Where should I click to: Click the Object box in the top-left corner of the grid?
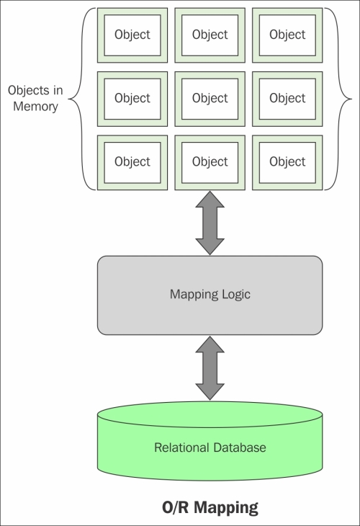[132, 35]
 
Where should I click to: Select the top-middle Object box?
[210, 35]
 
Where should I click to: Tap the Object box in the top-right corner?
[287, 35]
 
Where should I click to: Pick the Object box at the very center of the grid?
[210, 99]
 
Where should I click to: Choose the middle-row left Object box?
[132, 99]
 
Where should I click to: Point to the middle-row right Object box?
[287, 99]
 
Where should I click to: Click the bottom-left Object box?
[132, 163]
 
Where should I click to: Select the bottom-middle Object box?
[210, 163]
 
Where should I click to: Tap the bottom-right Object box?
[287, 163]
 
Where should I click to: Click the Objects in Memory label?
[35, 98]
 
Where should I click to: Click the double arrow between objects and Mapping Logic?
[210, 223]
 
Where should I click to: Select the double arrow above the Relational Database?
[210, 368]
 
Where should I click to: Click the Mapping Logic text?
[210, 295]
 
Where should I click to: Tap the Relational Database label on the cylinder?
[210, 447]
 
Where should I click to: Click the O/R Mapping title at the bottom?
[210, 507]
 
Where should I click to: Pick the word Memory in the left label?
[35, 107]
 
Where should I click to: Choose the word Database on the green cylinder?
[239, 447]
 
